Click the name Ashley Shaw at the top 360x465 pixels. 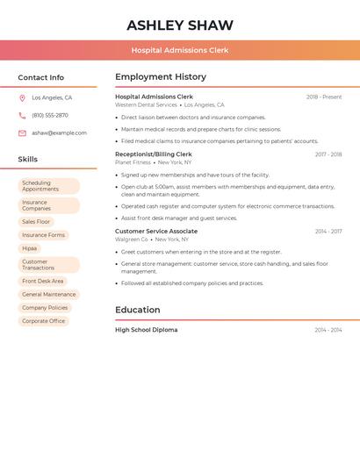click(180, 25)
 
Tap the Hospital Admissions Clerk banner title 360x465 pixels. click(180, 50)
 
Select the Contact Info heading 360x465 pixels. click(41, 77)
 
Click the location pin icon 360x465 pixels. click(22, 97)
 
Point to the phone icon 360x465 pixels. click(22, 115)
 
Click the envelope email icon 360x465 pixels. click(22, 132)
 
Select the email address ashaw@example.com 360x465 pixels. click(59, 132)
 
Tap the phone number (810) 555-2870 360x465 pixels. click(50, 115)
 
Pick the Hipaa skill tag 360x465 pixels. click(30, 248)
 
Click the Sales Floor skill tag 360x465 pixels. click(37, 222)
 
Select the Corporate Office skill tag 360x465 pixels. click(44, 321)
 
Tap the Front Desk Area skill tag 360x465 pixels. click(43, 282)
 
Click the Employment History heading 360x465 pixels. click(161, 77)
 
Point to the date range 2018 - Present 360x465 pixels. click(324, 97)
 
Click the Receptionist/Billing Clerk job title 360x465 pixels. click(154, 154)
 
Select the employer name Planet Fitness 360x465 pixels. click(133, 162)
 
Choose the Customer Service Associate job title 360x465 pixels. click(156, 232)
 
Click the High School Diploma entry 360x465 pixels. click(146, 330)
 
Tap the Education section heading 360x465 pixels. click(138, 310)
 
